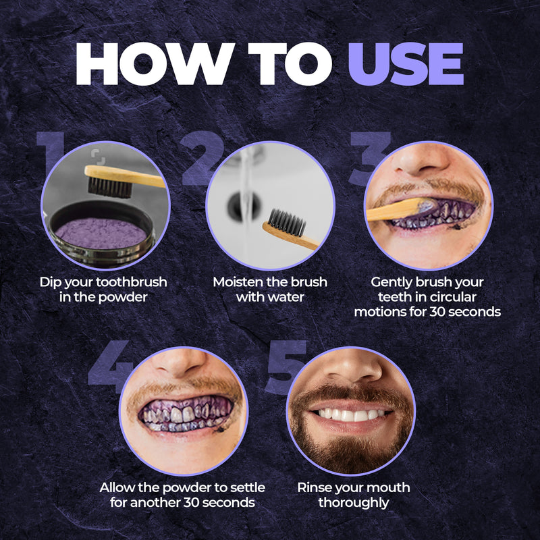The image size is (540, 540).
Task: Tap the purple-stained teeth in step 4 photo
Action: click(182, 413)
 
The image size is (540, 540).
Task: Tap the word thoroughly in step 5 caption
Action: click(353, 503)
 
